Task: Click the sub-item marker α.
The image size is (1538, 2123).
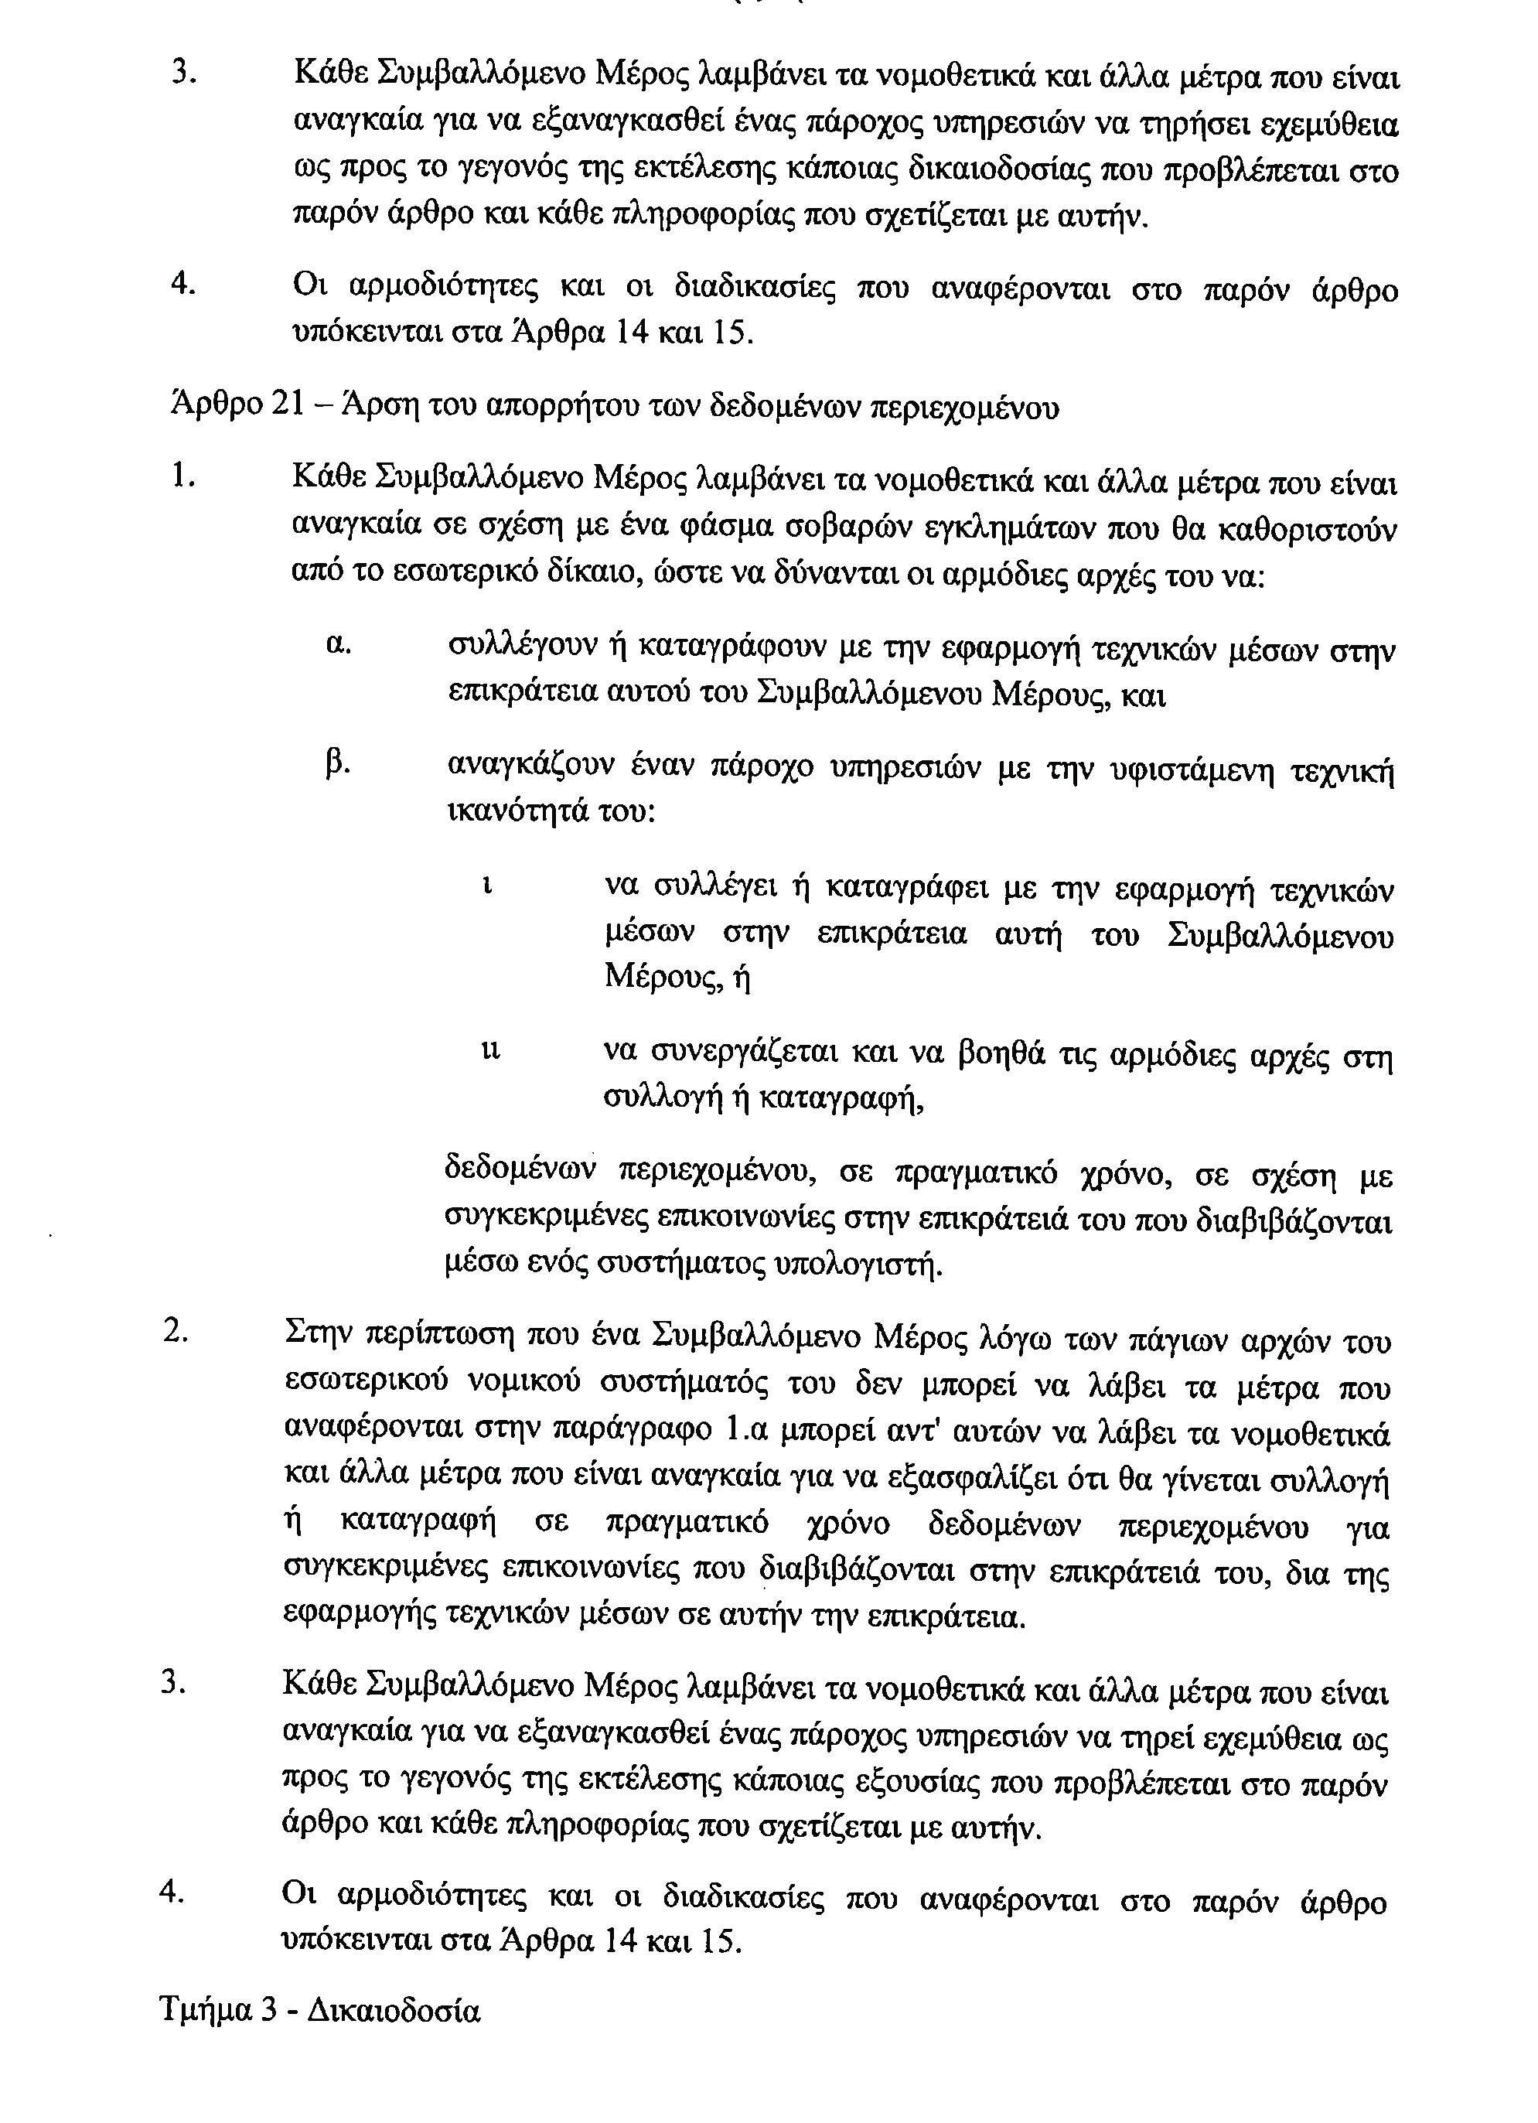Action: pyautogui.click(x=339, y=645)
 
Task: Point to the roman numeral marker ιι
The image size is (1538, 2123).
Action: pyautogui.click(x=490, y=1051)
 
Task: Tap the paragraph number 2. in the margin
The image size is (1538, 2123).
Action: pyautogui.click(x=175, y=1331)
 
